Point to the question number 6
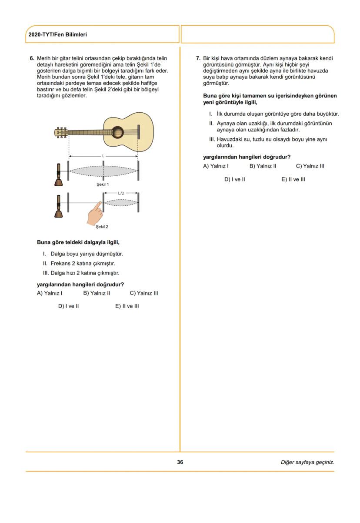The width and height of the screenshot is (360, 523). pyautogui.click(x=32, y=58)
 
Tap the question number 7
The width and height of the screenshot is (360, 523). pyautogui.click(x=198, y=58)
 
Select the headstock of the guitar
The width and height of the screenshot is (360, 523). pyautogui.click(x=61, y=131)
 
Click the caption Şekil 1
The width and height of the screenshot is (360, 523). pyautogui.click(x=103, y=184)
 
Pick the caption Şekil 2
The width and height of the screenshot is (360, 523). pyautogui.click(x=102, y=227)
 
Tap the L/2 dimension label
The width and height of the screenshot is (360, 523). pyautogui.click(x=121, y=193)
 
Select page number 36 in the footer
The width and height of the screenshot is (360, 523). pyautogui.click(x=180, y=462)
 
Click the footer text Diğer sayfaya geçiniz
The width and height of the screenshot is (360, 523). pyautogui.click(x=307, y=462)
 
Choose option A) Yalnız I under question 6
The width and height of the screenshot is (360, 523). pyautogui.click(x=50, y=293)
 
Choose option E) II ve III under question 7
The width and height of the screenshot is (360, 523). pyautogui.click(x=293, y=179)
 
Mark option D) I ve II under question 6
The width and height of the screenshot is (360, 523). pyautogui.click(x=68, y=306)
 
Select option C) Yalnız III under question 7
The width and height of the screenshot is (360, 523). pyautogui.click(x=310, y=166)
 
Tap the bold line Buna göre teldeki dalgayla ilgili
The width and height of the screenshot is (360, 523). pyautogui.click(x=78, y=242)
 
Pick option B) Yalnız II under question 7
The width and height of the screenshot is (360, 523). pyautogui.click(x=263, y=166)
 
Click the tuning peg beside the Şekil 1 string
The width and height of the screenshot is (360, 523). pyautogui.click(x=59, y=171)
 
